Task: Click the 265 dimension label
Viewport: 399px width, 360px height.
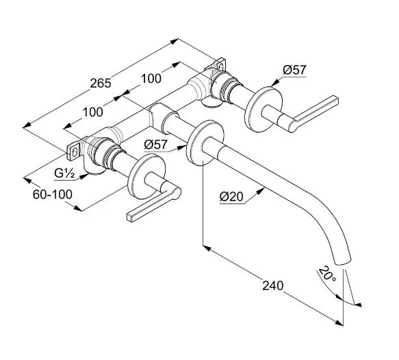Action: (x=101, y=83)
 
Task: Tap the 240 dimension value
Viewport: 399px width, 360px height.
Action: (x=272, y=285)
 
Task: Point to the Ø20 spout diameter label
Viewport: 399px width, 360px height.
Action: (x=231, y=196)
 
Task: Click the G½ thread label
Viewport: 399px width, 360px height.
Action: (x=64, y=174)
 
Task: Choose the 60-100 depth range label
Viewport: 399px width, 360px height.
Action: (x=53, y=194)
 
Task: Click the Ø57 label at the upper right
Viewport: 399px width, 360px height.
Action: (x=295, y=70)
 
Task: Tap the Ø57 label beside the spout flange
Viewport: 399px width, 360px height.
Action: (x=156, y=145)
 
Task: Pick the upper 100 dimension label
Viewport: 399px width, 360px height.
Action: (x=151, y=78)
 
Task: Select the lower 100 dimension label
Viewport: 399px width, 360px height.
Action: (x=93, y=112)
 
